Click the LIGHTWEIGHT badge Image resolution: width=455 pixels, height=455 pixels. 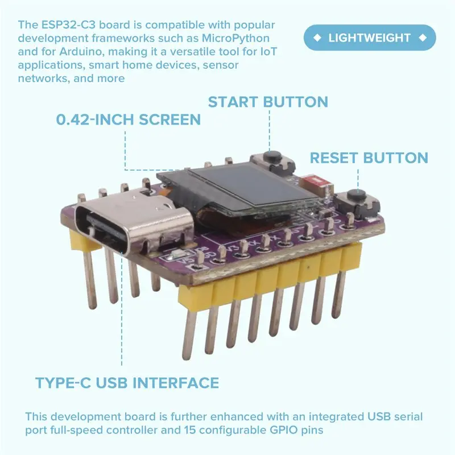(x=370, y=38)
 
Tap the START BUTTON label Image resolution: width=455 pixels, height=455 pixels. (x=268, y=102)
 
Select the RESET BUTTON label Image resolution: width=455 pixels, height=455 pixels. (x=369, y=158)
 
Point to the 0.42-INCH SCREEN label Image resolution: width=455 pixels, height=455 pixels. (x=129, y=119)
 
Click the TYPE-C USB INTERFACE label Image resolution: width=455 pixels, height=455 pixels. (x=127, y=383)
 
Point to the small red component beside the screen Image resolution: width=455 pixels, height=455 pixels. (x=316, y=181)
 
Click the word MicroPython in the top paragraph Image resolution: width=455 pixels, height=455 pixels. (x=235, y=38)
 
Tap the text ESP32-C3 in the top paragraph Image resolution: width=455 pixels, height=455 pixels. (x=68, y=25)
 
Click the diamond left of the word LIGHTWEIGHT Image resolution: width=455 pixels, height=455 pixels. (x=317, y=38)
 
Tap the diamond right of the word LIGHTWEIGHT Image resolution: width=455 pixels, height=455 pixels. (x=423, y=38)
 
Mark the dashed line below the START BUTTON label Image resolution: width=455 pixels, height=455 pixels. (x=269, y=131)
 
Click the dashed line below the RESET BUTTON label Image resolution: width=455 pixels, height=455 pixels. (x=358, y=180)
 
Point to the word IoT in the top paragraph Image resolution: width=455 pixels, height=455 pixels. (x=268, y=52)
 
